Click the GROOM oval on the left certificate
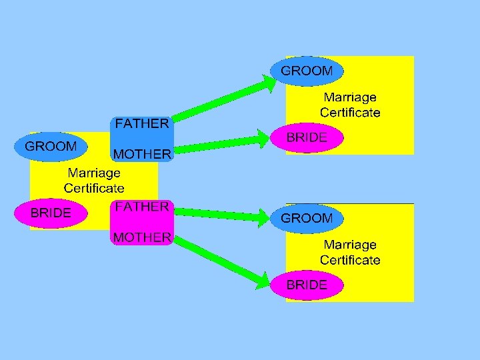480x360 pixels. tap(51, 146)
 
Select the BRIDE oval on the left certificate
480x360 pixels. tap(51, 213)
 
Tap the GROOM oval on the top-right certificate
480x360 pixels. tap(307, 71)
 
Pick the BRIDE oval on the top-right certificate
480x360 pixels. tap(307, 138)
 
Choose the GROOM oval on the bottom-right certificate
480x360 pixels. tap(307, 218)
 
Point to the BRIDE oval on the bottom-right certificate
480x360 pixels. tap(307, 285)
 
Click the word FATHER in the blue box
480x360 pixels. tap(142, 124)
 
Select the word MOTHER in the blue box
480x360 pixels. tap(142, 155)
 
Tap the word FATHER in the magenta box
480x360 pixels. tap(141, 207)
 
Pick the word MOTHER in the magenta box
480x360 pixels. tap(142, 237)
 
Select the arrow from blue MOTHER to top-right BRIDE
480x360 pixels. tap(223, 143)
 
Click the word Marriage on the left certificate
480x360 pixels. tap(93, 173)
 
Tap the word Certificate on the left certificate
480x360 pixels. tap(93, 188)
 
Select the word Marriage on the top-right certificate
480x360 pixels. tap(350, 97)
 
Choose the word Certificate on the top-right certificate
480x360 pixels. tap(350, 113)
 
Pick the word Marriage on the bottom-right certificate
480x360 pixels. tap(350, 245)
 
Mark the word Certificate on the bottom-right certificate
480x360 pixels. tap(350, 260)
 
